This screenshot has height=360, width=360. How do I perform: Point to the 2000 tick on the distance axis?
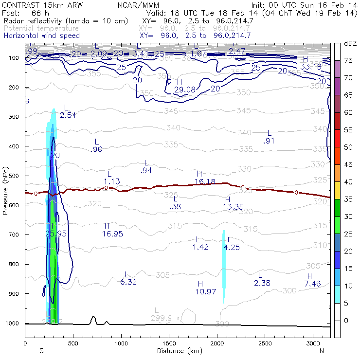(x=216, y=343)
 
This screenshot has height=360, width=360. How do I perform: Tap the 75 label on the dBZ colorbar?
(x=348, y=60)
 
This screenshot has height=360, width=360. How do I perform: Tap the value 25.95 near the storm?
(x=55, y=234)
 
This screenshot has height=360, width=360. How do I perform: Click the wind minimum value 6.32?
(x=128, y=282)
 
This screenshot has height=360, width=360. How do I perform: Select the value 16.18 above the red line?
(x=204, y=181)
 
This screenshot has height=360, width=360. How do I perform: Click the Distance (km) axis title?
(x=177, y=351)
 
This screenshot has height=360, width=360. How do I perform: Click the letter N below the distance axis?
(x=322, y=351)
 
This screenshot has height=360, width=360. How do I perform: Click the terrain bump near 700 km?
(x=93, y=319)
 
